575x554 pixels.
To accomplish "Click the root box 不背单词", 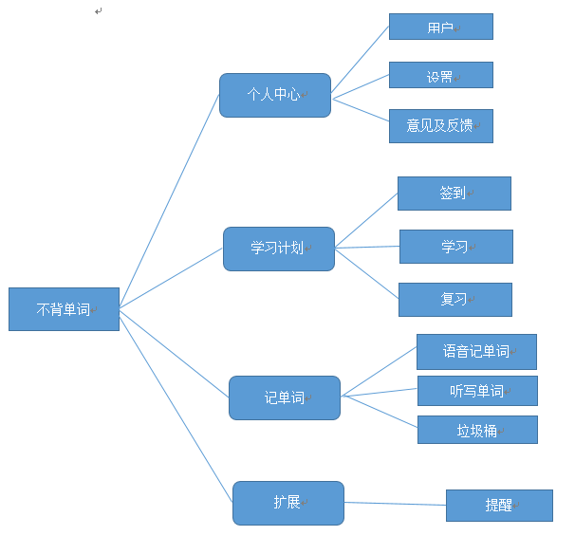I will [x=64, y=309].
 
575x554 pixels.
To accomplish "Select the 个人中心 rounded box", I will [x=275, y=95].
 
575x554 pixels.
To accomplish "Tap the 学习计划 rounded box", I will [x=279, y=249].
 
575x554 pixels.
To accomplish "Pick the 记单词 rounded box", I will [x=285, y=397].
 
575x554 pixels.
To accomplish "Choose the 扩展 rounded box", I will [x=288, y=503].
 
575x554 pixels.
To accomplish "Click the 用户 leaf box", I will [x=440, y=27].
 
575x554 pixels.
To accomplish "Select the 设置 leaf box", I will [x=440, y=76].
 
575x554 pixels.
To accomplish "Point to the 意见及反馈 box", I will [x=440, y=125].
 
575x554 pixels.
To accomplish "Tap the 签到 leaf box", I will [x=454, y=193].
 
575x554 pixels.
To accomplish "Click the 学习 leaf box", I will [x=455, y=247].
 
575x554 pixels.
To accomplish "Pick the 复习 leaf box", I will [x=454, y=299].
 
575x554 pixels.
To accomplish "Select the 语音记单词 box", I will [x=476, y=351].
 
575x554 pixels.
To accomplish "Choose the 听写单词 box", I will [x=477, y=391].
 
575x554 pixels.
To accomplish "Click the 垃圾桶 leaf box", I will [x=477, y=430].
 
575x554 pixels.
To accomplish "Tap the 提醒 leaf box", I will [x=499, y=506].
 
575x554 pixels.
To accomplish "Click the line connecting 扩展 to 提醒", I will [x=395, y=504].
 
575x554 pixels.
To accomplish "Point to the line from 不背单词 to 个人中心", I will [x=169, y=201].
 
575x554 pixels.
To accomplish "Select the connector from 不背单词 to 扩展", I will [x=176, y=405].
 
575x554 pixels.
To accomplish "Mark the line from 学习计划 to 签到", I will [x=366, y=220].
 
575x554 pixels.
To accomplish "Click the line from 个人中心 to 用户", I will [x=360, y=60].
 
